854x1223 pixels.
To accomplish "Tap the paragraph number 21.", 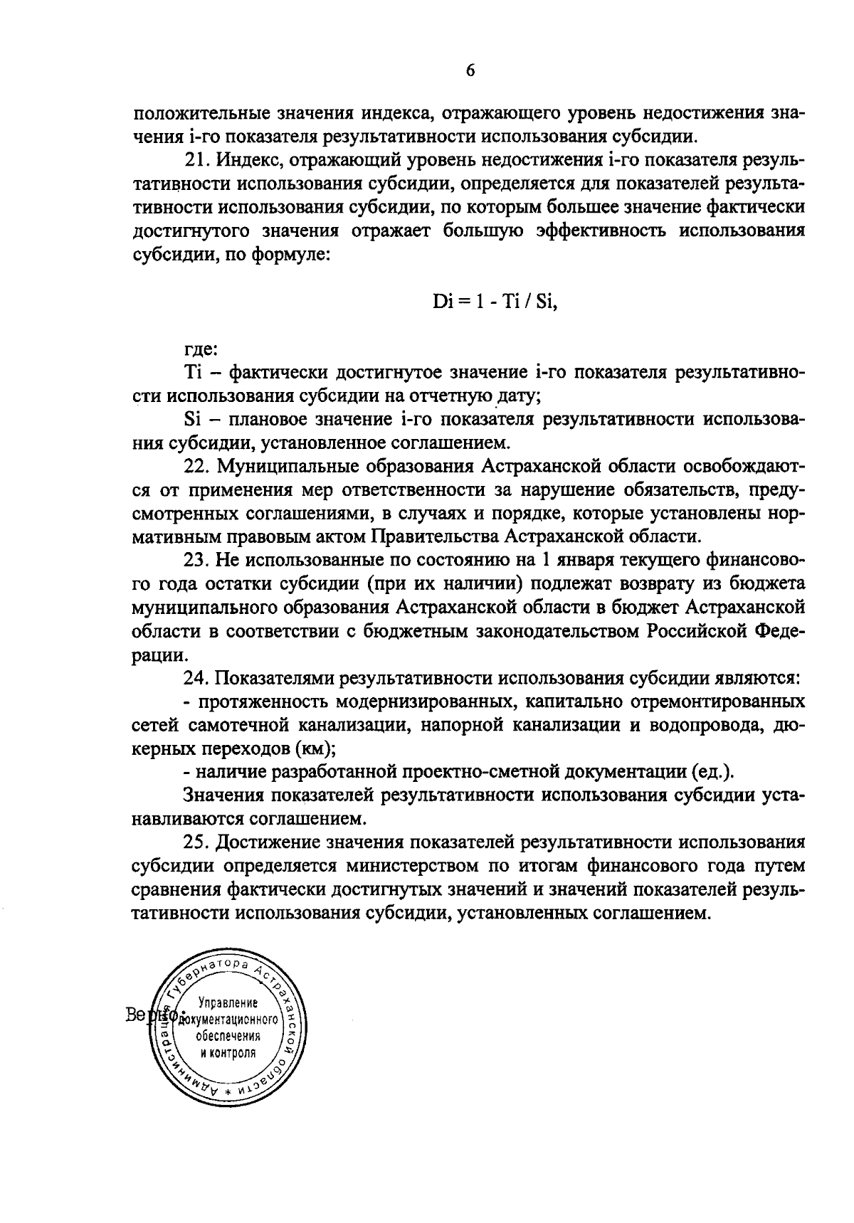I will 196,162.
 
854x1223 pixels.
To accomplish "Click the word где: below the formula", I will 201,349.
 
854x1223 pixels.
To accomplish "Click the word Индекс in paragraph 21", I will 249,162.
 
